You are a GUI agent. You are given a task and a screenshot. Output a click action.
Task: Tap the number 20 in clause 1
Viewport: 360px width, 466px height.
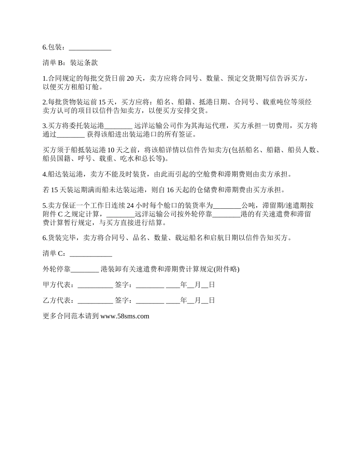click(x=130, y=79)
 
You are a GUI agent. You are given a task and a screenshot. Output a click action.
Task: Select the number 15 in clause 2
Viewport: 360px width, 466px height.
click(x=102, y=102)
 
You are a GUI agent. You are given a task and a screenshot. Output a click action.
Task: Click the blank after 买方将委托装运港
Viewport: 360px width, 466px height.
click(x=118, y=126)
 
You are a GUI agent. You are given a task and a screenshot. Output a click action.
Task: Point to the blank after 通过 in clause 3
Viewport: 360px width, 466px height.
click(x=70, y=134)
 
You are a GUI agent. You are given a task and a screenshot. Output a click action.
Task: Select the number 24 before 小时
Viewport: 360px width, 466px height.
click(x=130, y=206)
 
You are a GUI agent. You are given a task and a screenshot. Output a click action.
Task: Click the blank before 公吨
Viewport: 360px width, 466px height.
click(x=227, y=206)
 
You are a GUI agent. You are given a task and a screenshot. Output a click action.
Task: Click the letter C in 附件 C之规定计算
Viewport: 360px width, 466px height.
click(x=60, y=214)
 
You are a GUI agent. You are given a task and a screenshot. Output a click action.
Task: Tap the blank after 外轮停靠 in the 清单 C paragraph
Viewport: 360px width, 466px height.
click(x=85, y=269)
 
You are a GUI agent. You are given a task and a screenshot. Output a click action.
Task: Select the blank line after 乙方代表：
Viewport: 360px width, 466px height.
click(x=95, y=300)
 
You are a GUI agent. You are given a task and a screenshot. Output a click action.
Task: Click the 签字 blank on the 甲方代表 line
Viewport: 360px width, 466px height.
click(x=150, y=285)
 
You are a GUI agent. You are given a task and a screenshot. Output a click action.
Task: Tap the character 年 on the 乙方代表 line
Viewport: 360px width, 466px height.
click(x=184, y=300)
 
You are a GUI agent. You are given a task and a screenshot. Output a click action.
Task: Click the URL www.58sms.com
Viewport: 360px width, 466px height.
click(x=125, y=316)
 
